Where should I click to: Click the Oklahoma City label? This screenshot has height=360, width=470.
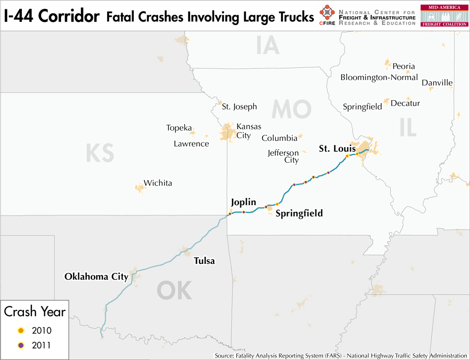(96, 277)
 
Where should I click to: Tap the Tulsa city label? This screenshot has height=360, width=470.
(204, 261)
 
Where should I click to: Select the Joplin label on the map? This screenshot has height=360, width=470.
(243, 202)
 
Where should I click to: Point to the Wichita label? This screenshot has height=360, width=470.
(158, 183)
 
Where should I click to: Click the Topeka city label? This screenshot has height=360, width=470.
(179, 128)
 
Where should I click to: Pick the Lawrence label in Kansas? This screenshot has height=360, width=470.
(191, 143)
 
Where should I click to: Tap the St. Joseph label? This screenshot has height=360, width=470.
(239, 106)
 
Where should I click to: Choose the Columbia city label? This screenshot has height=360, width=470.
(279, 138)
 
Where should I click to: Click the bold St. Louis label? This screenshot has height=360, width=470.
(337, 149)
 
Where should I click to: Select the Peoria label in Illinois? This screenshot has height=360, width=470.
(404, 66)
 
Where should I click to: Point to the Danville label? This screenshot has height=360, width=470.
(437, 83)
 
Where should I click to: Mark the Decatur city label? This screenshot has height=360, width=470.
(405, 103)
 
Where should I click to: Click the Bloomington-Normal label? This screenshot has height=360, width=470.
(379, 77)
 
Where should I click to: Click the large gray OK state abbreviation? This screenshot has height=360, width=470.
(174, 291)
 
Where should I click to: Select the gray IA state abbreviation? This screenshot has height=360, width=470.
(268, 45)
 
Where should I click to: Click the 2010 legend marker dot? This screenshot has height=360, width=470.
(20, 330)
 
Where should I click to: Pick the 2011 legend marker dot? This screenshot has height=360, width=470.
(20, 345)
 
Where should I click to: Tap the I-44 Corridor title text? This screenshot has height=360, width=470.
(51, 16)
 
